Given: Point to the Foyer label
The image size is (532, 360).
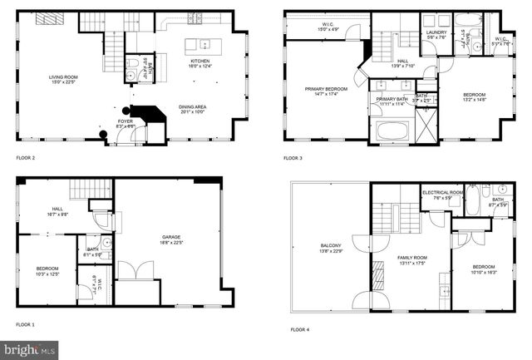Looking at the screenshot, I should point(125,123).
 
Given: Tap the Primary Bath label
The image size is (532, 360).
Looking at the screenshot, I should point(390,101).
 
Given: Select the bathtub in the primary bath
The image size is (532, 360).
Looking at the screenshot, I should point(390,130).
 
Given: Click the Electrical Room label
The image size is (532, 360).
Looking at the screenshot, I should point(436,195).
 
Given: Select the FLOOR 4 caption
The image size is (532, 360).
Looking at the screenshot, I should point(300,329).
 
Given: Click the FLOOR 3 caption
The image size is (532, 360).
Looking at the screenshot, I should point(293,157).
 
